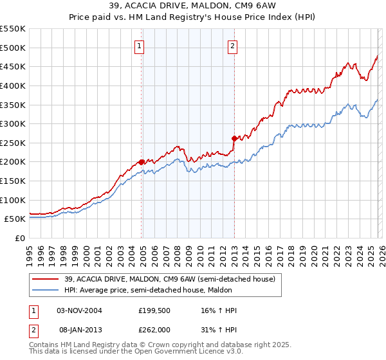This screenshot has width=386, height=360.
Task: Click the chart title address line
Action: pyautogui.click(x=193, y=6)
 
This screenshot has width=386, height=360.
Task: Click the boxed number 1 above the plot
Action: pyautogui.click(x=140, y=46)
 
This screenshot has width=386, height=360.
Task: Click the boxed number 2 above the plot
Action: pyautogui.click(x=232, y=46)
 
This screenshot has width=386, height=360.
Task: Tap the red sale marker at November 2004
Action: pyautogui.click(x=141, y=162)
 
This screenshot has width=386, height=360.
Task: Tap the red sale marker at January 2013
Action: pyautogui.click(x=234, y=138)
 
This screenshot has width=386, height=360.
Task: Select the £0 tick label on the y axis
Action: pyautogui.click(x=21, y=238)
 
